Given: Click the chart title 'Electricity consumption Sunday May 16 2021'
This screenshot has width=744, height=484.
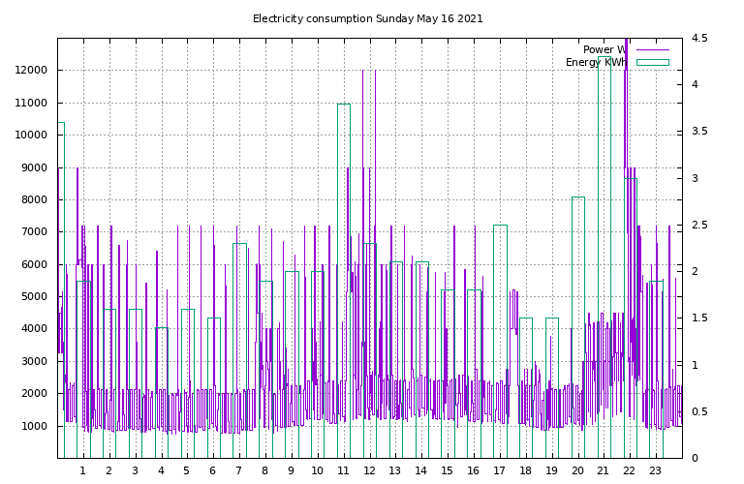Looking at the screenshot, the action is (x=368, y=19).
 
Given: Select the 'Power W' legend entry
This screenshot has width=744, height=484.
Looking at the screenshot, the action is (x=626, y=49).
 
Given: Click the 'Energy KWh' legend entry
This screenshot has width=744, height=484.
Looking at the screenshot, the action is (x=617, y=63).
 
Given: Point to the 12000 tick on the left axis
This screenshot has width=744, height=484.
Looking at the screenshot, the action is (x=31, y=70).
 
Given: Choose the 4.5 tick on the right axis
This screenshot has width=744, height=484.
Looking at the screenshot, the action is (x=699, y=38).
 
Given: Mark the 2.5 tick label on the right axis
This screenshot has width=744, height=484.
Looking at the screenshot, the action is (x=699, y=225).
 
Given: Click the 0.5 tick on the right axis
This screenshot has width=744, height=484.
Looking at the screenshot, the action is (x=699, y=411).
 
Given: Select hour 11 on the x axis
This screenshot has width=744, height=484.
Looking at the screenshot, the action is (x=343, y=470).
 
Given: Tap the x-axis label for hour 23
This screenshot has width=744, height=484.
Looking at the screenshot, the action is (x=655, y=470).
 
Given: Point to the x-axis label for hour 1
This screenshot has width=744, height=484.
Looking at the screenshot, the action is (x=83, y=470).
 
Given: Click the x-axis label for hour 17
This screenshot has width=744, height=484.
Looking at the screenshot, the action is (x=499, y=470).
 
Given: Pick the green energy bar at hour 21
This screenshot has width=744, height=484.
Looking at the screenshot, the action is (x=604, y=57).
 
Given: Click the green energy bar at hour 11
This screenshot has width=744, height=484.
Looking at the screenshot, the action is (x=344, y=105).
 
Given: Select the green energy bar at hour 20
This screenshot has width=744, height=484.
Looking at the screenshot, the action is (x=578, y=197).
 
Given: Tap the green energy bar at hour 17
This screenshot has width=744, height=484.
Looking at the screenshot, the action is (x=501, y=226).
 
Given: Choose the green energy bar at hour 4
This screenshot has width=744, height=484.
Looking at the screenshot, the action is (x=162, y=328).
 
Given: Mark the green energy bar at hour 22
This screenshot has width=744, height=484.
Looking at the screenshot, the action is (x=631, y=179).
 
